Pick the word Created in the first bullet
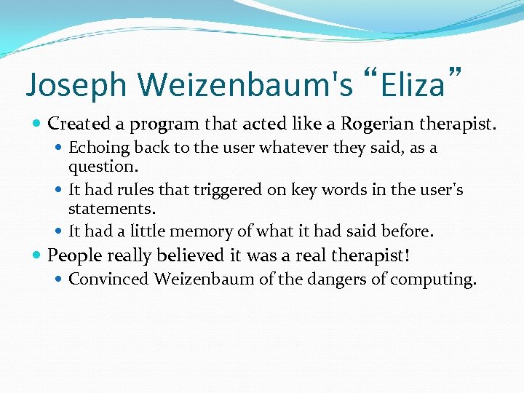(78, 125)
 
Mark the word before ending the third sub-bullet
(408, 232)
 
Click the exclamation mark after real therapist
(417, 255)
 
